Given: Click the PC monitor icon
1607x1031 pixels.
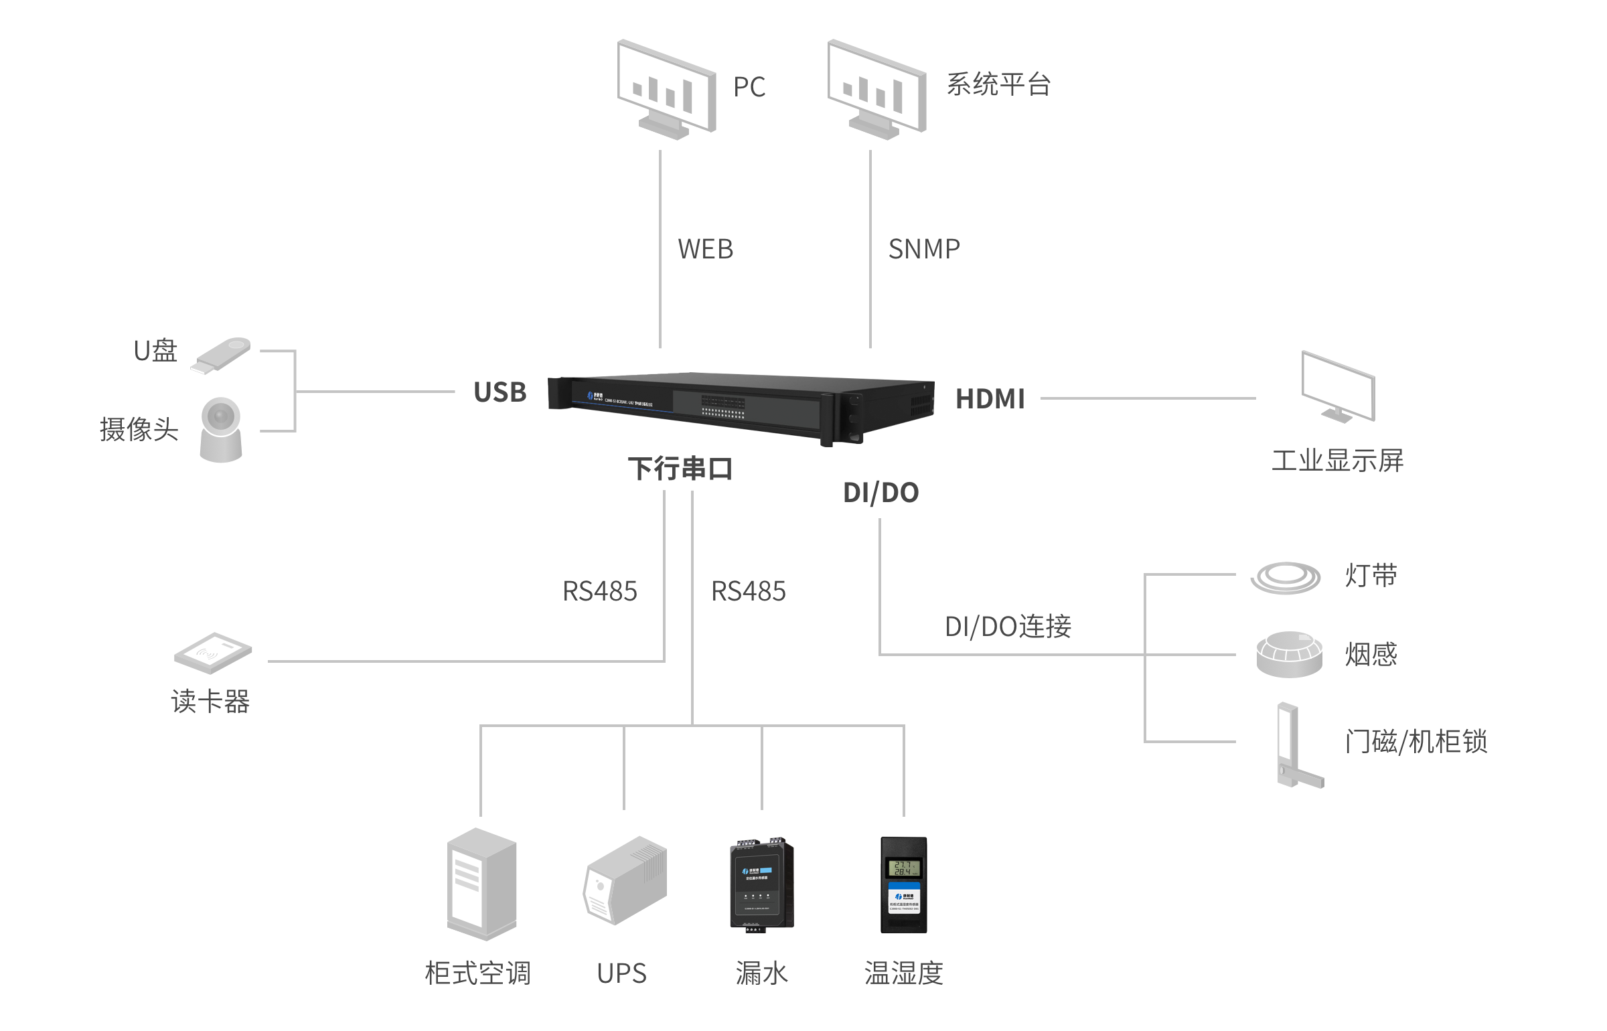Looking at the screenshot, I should tap(666, 89).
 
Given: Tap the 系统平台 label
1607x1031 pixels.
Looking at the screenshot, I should tap(998, 85).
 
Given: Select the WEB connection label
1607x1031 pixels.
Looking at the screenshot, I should tap(706, 249).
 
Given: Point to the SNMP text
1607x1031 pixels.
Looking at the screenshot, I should tap(924, 249).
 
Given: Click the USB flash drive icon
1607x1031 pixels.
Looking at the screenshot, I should tap(220, 355).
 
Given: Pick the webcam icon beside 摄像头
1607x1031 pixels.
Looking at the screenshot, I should tap(221, 429).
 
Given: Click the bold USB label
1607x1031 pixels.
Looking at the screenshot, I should tap(500, 392).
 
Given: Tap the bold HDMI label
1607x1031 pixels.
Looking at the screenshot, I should tap(990, 399).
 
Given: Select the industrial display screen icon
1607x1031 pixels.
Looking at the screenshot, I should tap(1338, 387).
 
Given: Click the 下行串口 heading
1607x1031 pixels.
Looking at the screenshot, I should tap(680, 469).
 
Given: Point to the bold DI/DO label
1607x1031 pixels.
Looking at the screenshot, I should tap(881, 493).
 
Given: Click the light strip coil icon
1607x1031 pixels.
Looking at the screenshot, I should tap(1286, 577).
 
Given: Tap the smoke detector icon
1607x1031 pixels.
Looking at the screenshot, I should tap(1289, 654).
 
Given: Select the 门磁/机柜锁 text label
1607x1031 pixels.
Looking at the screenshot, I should tap(1416, 742).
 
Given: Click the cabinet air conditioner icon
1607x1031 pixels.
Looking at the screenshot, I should tap(481, 884).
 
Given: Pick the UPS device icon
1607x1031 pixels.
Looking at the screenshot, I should tap(625, 880).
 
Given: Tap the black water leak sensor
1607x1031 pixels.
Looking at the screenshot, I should tap(761, 884).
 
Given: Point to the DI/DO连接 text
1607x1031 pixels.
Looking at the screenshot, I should tap(1008, 627).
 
